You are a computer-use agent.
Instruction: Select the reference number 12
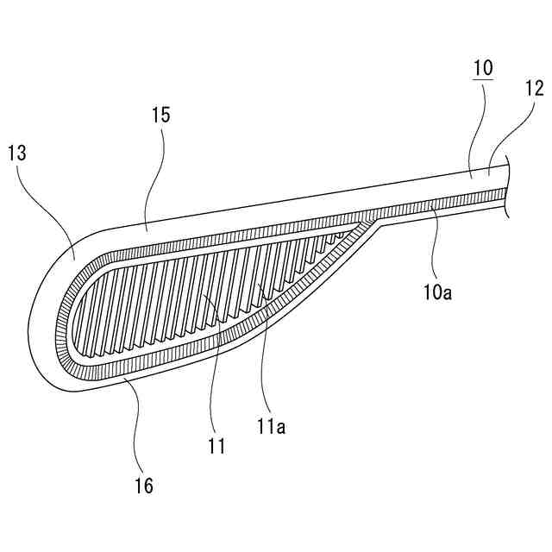click(534, 87)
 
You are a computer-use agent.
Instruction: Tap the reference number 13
click(16, 154)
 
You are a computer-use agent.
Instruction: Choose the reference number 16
click(144, 486)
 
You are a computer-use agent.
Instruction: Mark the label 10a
click(438, 292)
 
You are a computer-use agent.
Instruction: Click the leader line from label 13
click(55, 204)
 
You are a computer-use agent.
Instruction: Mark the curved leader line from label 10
click(479, 129)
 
